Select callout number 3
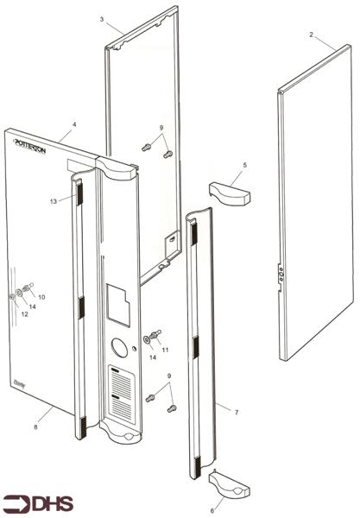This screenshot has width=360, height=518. tap(102, 19)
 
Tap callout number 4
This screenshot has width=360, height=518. tap(74, 125)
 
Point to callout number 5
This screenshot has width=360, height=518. tap(244, 164)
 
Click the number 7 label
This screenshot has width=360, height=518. tap(237, 414)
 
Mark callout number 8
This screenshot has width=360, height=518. tap(35, 426)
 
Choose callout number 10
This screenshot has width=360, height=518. tap(41, 296)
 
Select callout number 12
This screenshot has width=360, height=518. tap(24, 314)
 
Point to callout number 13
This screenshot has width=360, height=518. tap(53, 200)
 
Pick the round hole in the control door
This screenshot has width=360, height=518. tap(120, 350)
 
